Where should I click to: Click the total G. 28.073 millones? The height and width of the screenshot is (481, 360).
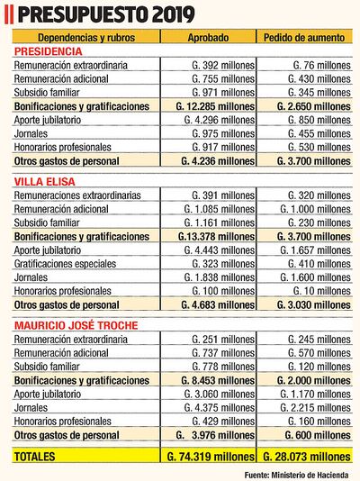tap(306, 458)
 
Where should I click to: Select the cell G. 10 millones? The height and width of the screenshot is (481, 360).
tap(317, 292)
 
